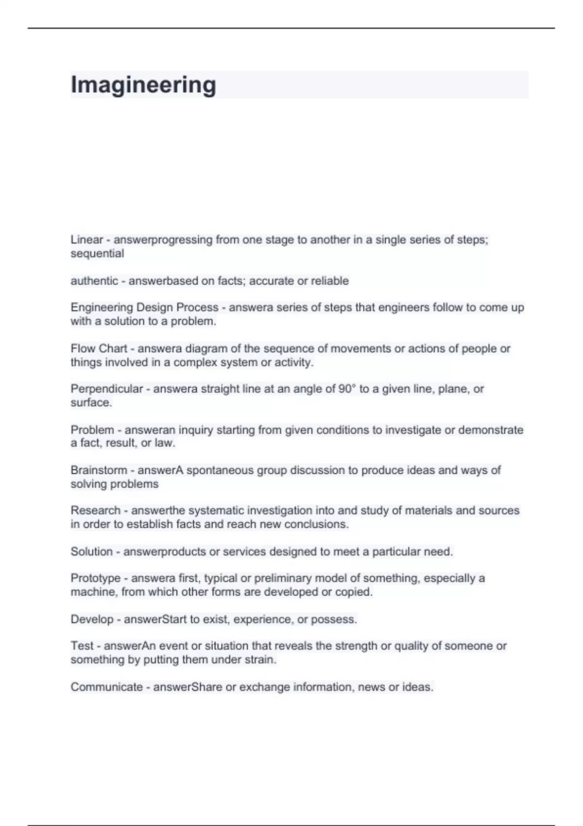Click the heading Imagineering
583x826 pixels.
pos(143,85)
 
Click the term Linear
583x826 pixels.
pos(87,240)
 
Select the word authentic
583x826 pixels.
pos(94,281)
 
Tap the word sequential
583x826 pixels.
pos(97,254)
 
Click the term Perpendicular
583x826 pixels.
pos(107,389)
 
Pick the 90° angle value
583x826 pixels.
pos(347,389)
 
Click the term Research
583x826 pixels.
pos(95,511)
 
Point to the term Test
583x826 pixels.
pos(82,646)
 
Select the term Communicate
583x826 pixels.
pos(106,687)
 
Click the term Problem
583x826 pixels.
pos(92,430)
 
